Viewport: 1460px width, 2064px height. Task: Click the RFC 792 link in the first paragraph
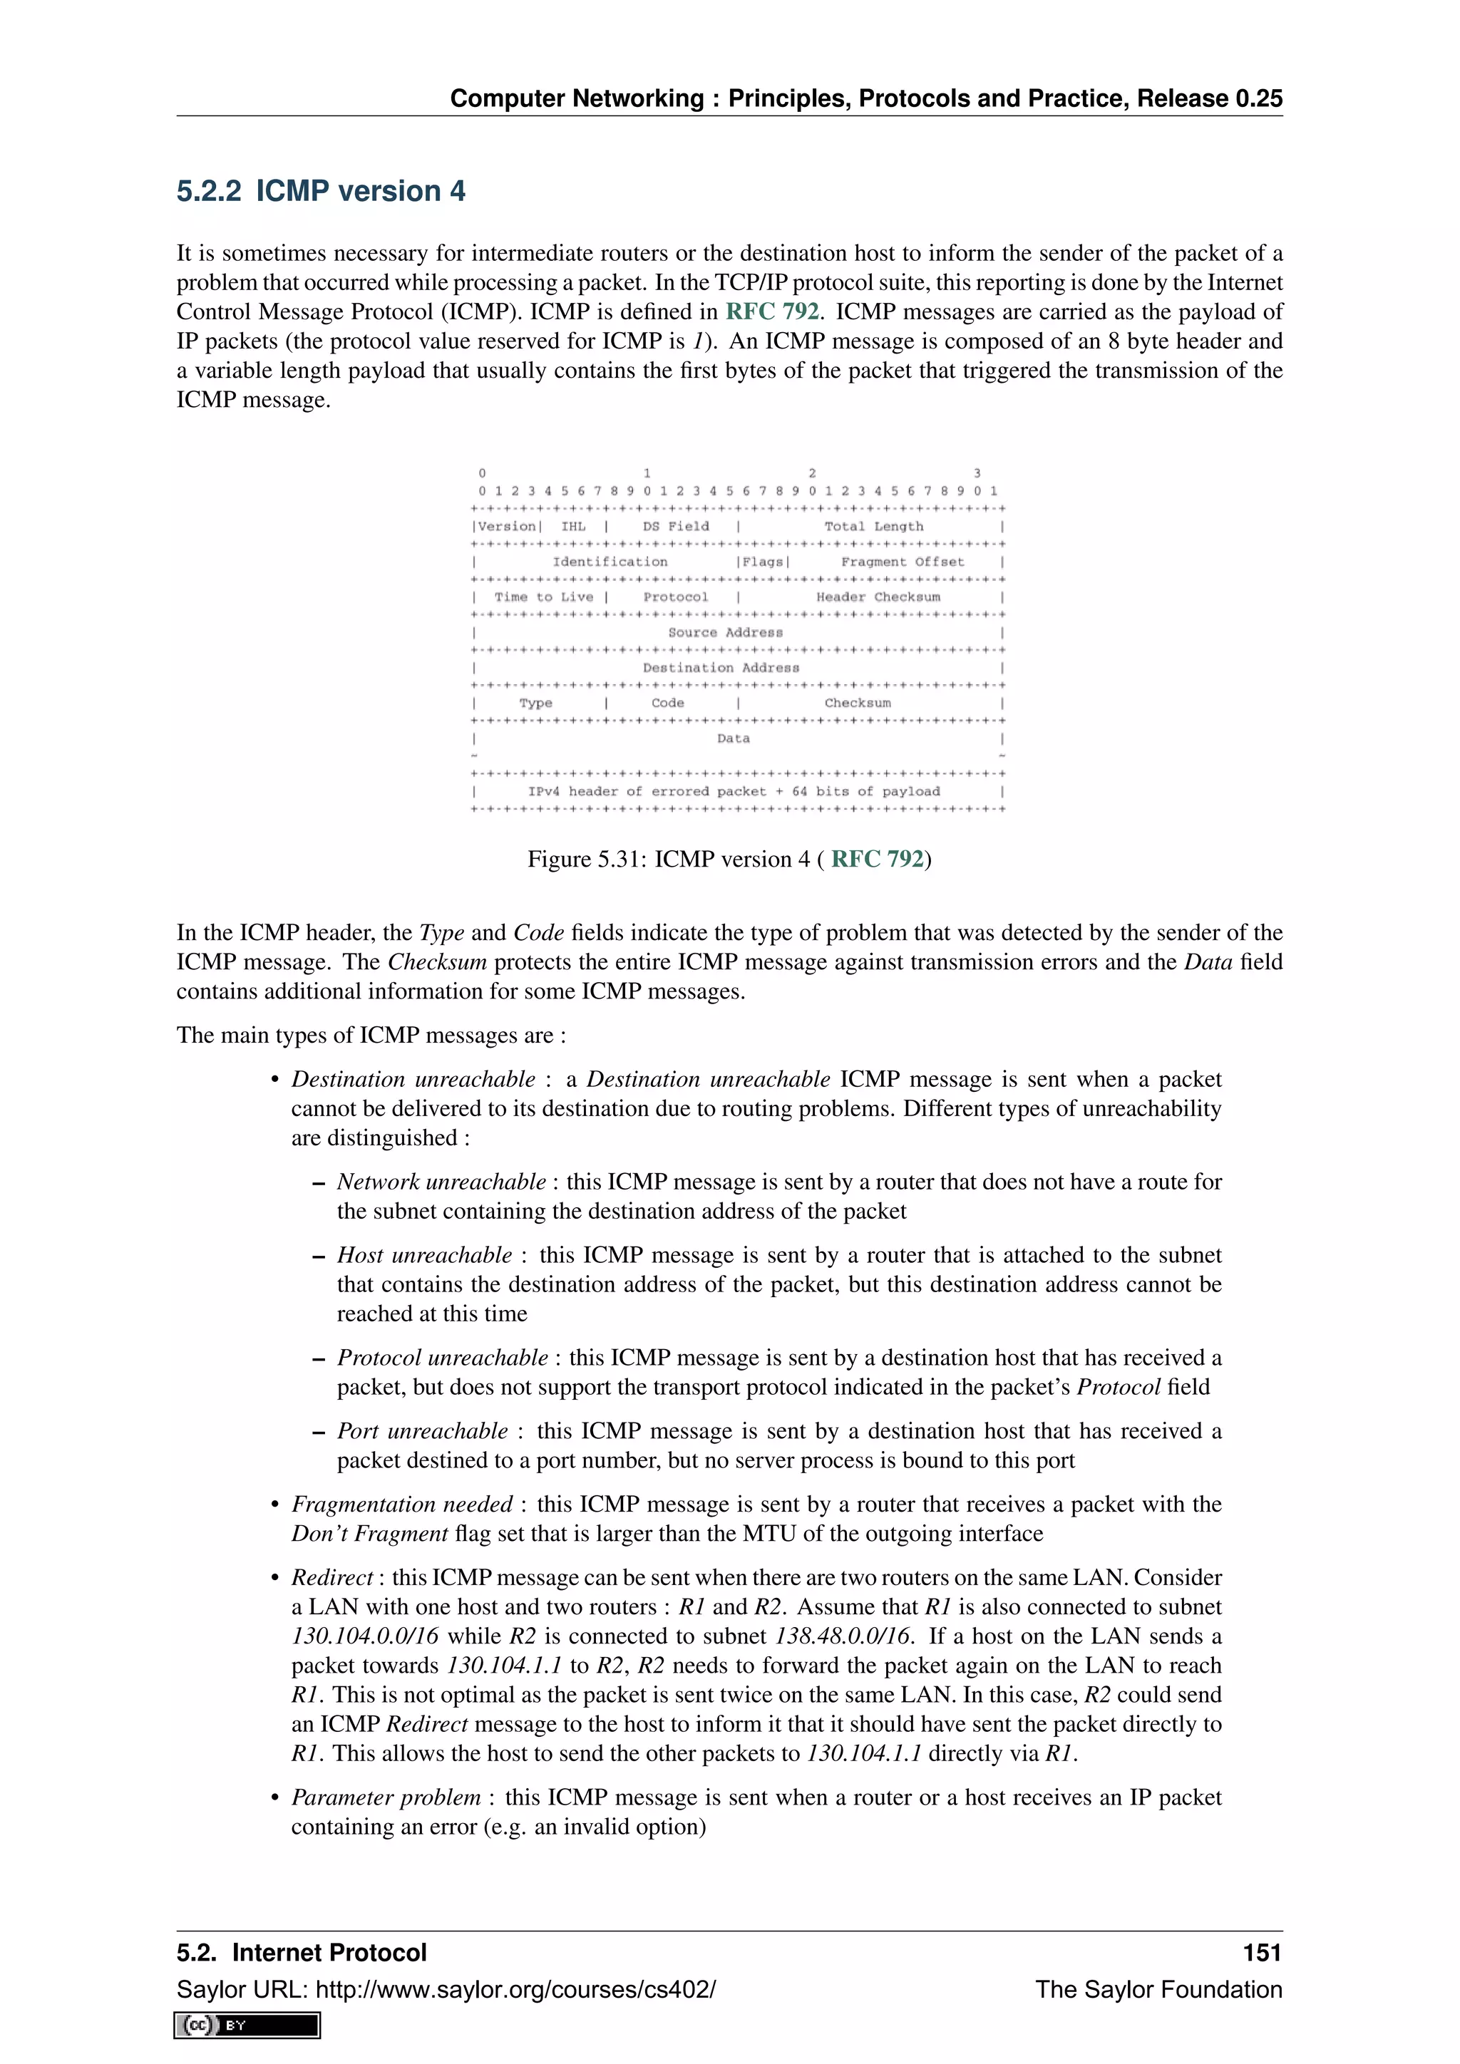[x=771, y=312]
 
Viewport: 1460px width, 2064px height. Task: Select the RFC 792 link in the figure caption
[x=877, y=860]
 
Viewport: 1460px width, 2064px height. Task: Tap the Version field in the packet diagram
[x=507, y=527]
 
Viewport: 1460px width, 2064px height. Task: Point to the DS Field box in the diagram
[x=675, y=527]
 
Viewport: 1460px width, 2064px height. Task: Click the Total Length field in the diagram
[x=873, y=527]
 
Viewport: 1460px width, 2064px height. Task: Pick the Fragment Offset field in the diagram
[x=902, y=562]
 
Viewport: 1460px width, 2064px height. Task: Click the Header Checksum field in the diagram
[x=878, y=597]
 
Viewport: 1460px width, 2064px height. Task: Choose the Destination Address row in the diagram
[x=720, y=668]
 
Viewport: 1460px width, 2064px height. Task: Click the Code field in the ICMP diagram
[x=667, y=703]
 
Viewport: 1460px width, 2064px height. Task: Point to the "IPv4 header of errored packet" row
[x=734, y=792]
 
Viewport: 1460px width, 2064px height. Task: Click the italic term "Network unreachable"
[x=441, y=1182]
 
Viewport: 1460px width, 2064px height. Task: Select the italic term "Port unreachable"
[x=421, y=1431]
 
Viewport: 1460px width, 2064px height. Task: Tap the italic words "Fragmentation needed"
[x=401, y=1505]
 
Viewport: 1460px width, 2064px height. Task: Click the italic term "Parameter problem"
[x=386, y=1797]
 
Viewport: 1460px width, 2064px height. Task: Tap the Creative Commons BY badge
[x=247, y=2025]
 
